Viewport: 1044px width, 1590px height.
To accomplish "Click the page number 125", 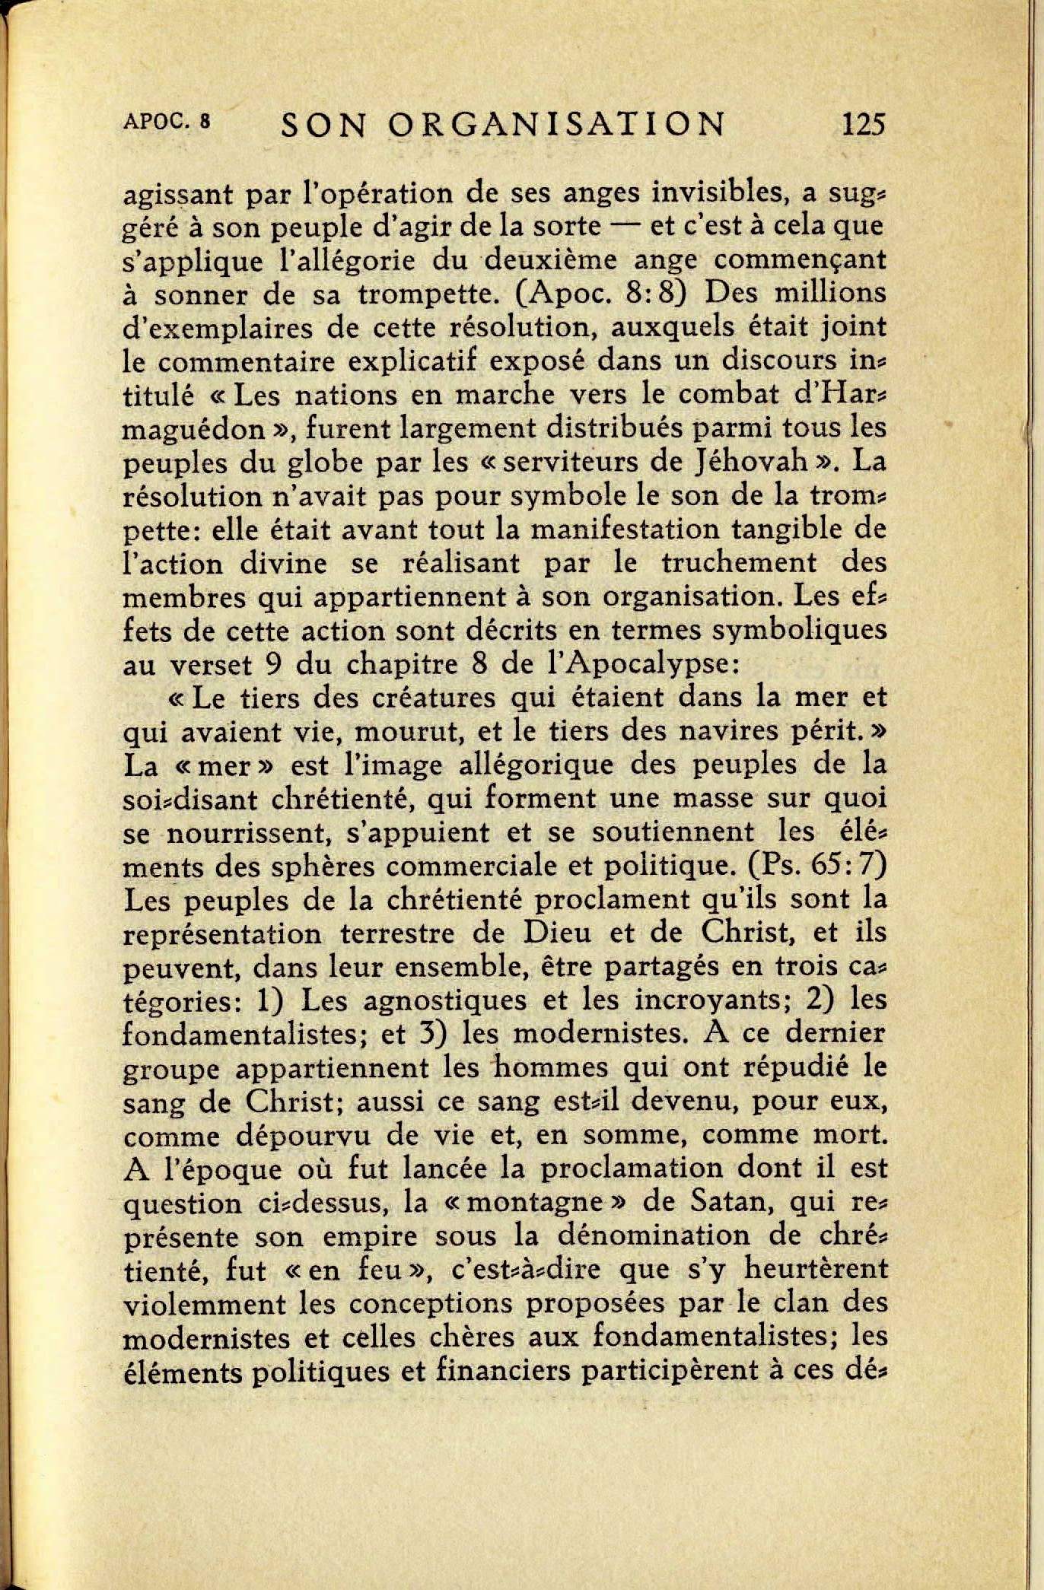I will coord(864,124).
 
